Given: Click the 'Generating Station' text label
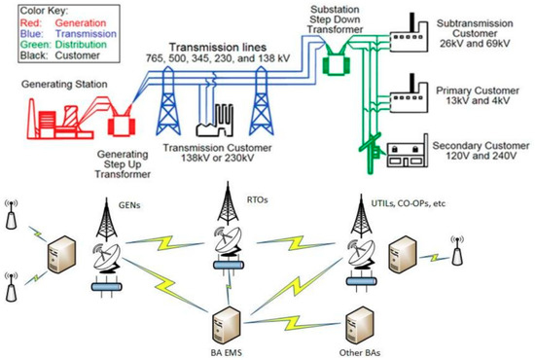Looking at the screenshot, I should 48,85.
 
